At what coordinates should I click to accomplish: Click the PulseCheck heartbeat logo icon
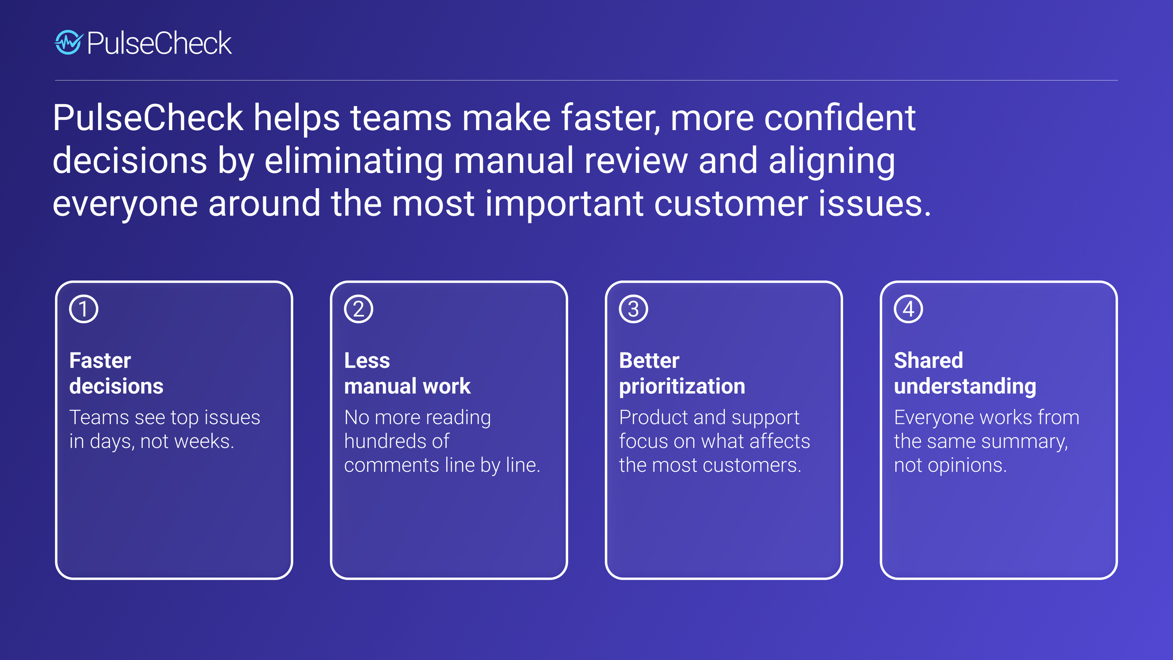coord(69,43)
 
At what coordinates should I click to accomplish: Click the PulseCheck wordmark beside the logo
coord(159,43)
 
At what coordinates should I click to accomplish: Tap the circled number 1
coord(84,309)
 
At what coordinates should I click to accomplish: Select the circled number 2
coord(358,309)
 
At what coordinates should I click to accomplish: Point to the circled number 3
coord(633,309)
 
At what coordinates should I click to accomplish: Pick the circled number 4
coord(908,309)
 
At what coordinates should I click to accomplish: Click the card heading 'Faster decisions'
coord(116,373)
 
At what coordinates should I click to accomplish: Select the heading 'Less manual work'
coord(407,373)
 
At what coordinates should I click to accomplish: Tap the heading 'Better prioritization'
coord(682,373)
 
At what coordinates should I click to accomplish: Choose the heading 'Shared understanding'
coord(965,373)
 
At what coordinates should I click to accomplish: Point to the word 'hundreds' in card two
coord(384,441)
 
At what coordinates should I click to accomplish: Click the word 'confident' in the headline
coord(839,117)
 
